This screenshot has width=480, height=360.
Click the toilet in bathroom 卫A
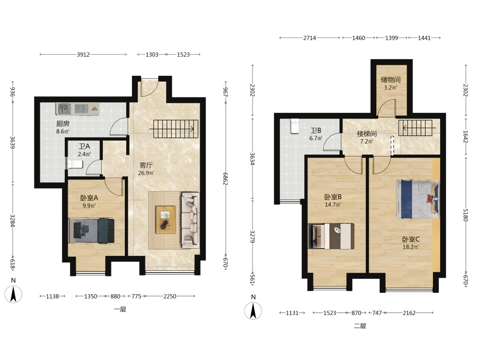tap(75, 165)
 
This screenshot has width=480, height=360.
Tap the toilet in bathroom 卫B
tap(295, 126)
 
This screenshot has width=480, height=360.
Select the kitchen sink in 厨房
tap(64, 108)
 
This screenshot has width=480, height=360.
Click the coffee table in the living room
tap(166, 220)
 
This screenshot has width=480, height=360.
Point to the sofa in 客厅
tap(190, 220)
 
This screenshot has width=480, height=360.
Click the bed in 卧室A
tap(91, 231)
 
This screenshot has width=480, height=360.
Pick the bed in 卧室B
tap(331, 236)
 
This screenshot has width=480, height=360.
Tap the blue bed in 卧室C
tap(418, 199)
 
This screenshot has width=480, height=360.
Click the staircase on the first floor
tap(175, 129)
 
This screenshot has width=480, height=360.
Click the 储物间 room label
tap(391, 80)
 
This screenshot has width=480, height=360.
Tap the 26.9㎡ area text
tap(146, 173)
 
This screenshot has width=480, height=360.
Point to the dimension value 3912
tap(83, 55)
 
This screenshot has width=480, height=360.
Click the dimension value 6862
tap(226, 178)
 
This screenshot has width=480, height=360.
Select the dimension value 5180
tap(466, 215)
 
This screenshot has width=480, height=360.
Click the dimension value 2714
tap(310, 38)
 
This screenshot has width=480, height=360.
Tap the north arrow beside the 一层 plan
tap(13, 294)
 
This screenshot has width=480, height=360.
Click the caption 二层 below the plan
tap(360, 326)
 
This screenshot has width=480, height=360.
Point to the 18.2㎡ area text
tap(411, 247)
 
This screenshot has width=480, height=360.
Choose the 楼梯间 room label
tap(367, 134)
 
